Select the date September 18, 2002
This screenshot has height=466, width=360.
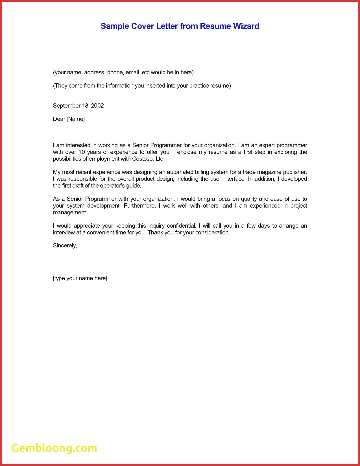(x=78, y=106)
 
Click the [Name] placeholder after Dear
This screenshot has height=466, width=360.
(x=76, y=119)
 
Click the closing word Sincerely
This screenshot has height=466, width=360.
(x=65, y=245)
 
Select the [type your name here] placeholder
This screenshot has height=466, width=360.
(x=80, y=278)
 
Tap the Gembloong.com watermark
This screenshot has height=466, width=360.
(x=54, y=448)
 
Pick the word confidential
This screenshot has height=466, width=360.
(x=181, y=226)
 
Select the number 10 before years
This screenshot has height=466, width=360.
(x=82, y=152)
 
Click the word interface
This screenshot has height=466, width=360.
(x=234, y=179)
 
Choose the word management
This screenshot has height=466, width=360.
(x=70, y=212)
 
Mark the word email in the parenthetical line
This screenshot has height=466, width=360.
(x=132, y=72)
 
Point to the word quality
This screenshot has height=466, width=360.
(x=249, y=199)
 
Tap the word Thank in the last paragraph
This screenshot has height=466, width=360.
(x=155, y=232)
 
